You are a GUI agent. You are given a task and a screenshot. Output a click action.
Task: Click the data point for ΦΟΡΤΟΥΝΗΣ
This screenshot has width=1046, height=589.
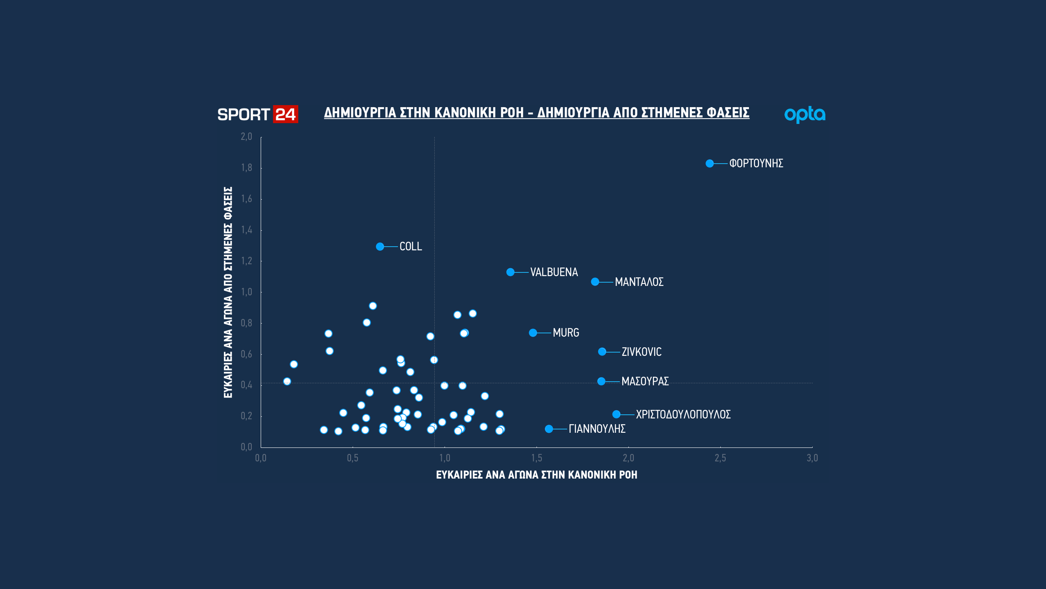[x=710, y=164]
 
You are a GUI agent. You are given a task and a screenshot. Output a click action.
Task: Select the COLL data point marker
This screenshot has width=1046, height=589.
[x=380, y=247]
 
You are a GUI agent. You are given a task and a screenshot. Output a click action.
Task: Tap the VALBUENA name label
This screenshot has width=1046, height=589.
[x=554, y=272]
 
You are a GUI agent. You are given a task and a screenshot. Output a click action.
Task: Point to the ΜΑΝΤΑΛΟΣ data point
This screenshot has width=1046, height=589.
[x=595, y=282]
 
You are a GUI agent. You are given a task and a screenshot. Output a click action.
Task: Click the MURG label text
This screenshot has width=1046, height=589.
[x=566, y=333]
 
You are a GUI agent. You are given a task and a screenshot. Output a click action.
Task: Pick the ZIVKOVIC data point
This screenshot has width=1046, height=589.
[x=602, y=352]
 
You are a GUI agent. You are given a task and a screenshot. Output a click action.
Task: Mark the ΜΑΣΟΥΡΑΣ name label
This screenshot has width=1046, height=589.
[x=645, y=382]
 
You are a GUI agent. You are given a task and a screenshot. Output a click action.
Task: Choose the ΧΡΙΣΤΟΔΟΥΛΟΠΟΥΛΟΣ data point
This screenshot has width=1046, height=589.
[x=617, y=414]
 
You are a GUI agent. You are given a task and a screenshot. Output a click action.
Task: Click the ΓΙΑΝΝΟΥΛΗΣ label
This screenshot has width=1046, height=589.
[x=597, y=429]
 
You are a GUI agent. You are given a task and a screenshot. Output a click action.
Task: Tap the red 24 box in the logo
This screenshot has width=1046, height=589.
[x=286, y=115]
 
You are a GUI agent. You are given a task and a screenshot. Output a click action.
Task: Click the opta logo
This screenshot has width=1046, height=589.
[x=805, y=115]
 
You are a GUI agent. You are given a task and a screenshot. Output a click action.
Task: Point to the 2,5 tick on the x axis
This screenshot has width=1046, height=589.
[x=720, y=458]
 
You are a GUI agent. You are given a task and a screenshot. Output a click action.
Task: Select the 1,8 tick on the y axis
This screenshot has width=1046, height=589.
[x=247, y=168]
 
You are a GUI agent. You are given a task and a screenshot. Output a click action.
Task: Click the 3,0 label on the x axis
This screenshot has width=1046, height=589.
[x=812, y=458]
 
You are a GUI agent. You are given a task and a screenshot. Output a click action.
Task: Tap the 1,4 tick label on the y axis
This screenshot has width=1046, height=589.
[x=247, y=230]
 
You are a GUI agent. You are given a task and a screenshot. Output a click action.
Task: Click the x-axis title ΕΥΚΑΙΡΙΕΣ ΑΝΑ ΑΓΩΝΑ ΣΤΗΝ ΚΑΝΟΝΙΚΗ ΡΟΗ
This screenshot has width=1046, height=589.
[x=536, y=475]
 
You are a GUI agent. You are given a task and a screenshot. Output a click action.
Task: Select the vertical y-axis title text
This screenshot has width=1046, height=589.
[x=228, y=292]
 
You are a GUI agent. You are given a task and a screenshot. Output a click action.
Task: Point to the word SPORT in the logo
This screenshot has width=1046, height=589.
[x=244, y=115]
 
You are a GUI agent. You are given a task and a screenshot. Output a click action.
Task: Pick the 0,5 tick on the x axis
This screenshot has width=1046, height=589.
[x=353, y=458]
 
